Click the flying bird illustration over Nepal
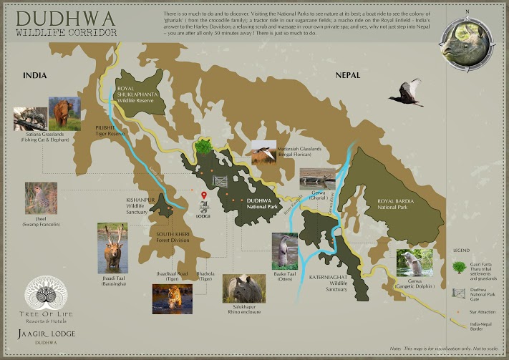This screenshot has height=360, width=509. tap(406, 92)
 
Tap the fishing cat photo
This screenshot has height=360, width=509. tap(29, 119)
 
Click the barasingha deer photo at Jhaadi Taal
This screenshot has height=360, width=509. tap(112, 248)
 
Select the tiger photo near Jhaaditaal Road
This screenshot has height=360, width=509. tap(172, 298)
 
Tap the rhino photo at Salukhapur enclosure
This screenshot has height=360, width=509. tap(243, 290)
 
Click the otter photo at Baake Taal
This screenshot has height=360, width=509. tap(284, 250)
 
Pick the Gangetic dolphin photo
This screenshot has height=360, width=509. tap(415, 263)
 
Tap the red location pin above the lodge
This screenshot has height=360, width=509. tap(204, 195)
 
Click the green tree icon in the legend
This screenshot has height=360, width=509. tap(457, 266)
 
